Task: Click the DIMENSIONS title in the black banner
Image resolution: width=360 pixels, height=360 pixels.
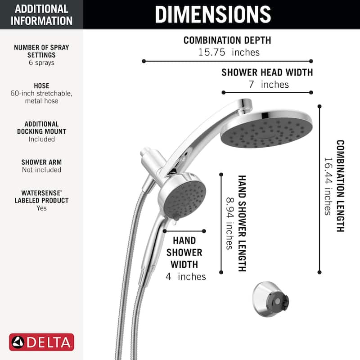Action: coord(213,14)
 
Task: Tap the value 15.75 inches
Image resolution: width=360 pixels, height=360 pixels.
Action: coord(229,52)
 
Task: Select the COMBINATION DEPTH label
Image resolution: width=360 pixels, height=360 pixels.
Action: coord(227,40)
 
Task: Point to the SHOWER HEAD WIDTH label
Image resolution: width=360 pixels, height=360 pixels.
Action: coord(267,72)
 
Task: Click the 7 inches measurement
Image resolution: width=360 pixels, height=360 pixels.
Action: coord(268,84)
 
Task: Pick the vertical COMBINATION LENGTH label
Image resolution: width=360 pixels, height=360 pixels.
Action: coord(340,186)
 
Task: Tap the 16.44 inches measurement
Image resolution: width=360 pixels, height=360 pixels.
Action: coord(328,186)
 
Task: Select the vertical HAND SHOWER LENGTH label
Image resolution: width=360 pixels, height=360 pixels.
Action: coord(242,223)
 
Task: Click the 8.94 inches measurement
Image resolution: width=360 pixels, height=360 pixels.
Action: coord(229,223)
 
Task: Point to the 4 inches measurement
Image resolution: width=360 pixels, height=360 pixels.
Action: coord(185,276)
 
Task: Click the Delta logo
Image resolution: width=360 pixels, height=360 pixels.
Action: coord(41,342)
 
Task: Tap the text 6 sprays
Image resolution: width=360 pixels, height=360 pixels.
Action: coord(41,63)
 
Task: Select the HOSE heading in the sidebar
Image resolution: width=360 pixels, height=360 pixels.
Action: coord(41,85)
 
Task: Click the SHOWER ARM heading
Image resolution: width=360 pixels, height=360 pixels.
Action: coord(41,162)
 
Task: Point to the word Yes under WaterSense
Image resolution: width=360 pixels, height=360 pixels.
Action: coord(41,208)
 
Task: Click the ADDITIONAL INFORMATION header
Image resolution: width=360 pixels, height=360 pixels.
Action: coord(41,14)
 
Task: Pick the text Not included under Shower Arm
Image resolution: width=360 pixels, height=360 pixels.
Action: coord(41,170)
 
